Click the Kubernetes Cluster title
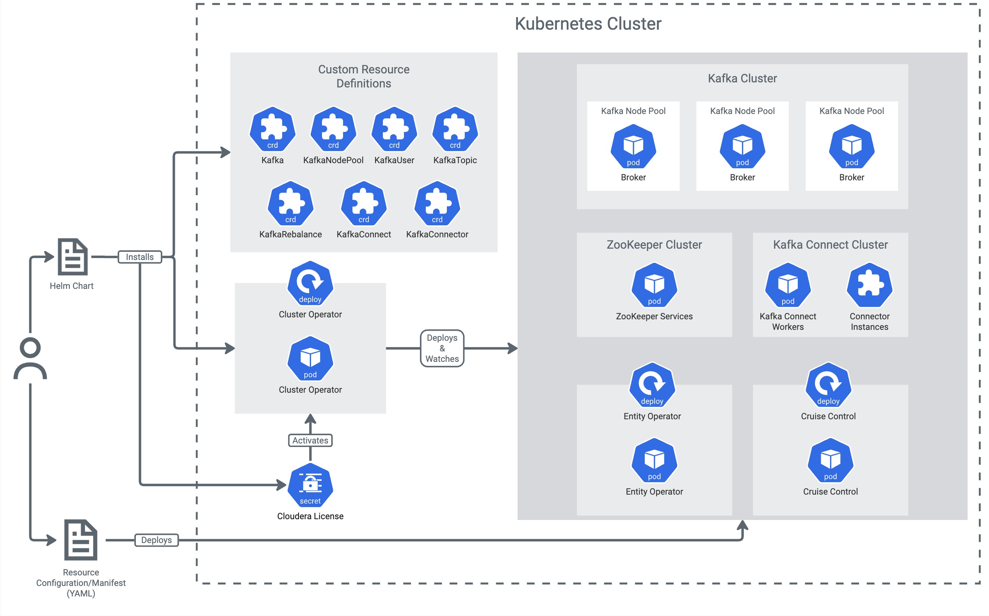(x=588, y=24)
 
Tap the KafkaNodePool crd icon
(x=333, y=130)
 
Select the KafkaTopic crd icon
(x=455, y=130)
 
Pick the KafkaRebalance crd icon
(x=290, y=204)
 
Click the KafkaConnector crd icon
(x=437, y=204)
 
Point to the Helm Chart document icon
(x=73, y=257)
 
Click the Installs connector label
(x=140, y=257)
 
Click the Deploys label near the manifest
(x=157, y=540)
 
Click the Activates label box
(x=310, y=440)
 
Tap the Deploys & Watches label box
(x=442, y=348)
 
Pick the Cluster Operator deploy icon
(x=310, y=283)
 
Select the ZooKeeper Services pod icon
(x=654, y=285)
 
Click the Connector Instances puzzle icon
(x=869, y=285)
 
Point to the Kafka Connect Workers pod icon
(x=788, y=285)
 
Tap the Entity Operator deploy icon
(x=652, y=385)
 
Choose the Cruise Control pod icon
(x=830, y=461)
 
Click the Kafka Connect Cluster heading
(x=830, y=244)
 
